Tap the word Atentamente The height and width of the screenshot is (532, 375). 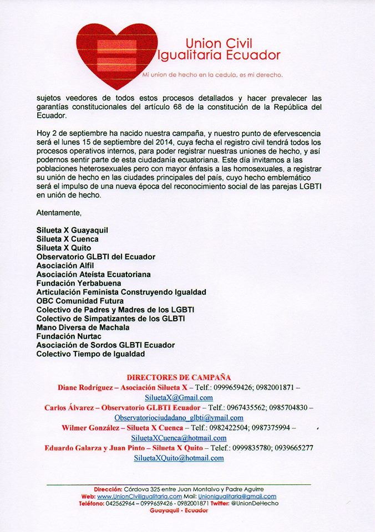(59, 212)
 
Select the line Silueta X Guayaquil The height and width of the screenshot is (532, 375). (72, 230)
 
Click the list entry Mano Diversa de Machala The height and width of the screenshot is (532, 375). (83, 328)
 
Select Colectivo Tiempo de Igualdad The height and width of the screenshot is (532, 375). (90, 354)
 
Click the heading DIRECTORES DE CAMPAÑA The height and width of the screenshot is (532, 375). (179, 377)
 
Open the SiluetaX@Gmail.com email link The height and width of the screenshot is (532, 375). (179, 398)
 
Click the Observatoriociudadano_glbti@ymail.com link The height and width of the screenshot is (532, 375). (179, 418)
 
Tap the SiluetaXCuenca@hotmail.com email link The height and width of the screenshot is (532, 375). (179, 438)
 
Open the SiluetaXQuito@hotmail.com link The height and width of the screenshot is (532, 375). (179, 458)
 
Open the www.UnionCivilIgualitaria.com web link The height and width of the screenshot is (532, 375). (140, 497)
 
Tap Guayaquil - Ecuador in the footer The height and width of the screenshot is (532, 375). (179, 510)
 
